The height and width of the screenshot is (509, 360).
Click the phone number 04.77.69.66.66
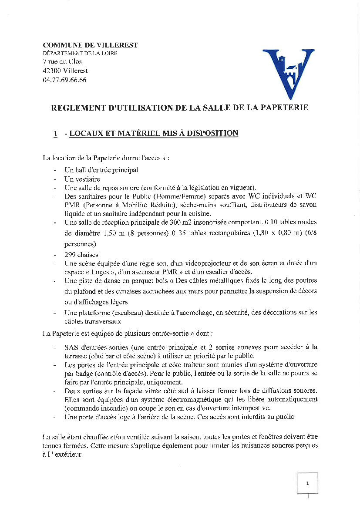[x=64, y=80]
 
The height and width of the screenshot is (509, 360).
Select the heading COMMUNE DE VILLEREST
[x=90, y=45]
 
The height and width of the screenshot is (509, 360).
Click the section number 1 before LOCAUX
[x=56, y=133]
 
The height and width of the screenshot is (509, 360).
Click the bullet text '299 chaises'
[x=81, y=255]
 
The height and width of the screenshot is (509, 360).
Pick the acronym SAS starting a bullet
[x=71, y=347]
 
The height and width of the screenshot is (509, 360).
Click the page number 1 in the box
[x=307, y=483]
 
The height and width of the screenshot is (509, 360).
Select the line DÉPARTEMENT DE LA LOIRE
[x=80, y=53]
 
